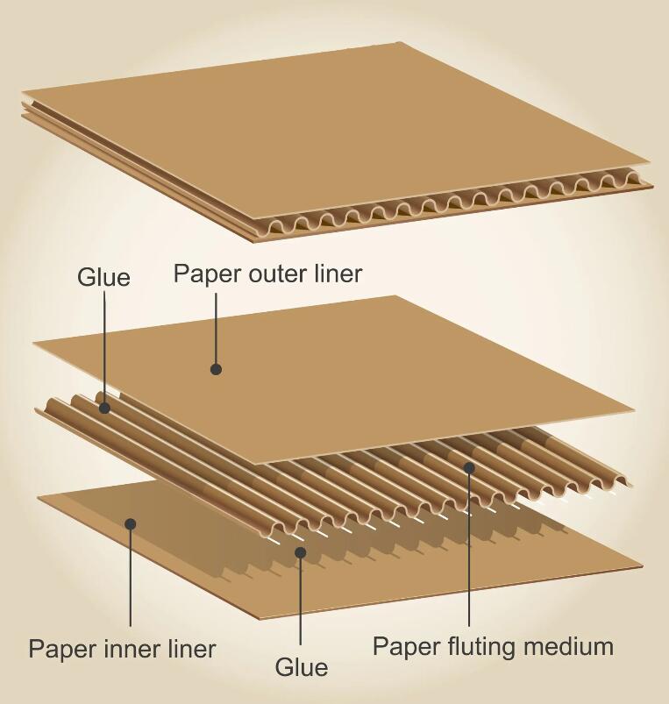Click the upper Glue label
tap(103, 277)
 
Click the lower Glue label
tap(302, 667)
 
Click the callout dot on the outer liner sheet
tap(216, 370)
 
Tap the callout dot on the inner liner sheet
tap(131, 524)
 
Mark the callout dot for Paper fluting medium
tap(469, 468)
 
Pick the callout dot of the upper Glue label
tap(104, 408)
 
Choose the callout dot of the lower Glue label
tap(301, 552)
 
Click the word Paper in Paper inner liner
tap(59, 650)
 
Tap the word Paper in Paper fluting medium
tap(403, 647)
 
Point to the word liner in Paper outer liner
tap(337, 274)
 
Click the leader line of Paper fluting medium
tap(469, 552)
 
